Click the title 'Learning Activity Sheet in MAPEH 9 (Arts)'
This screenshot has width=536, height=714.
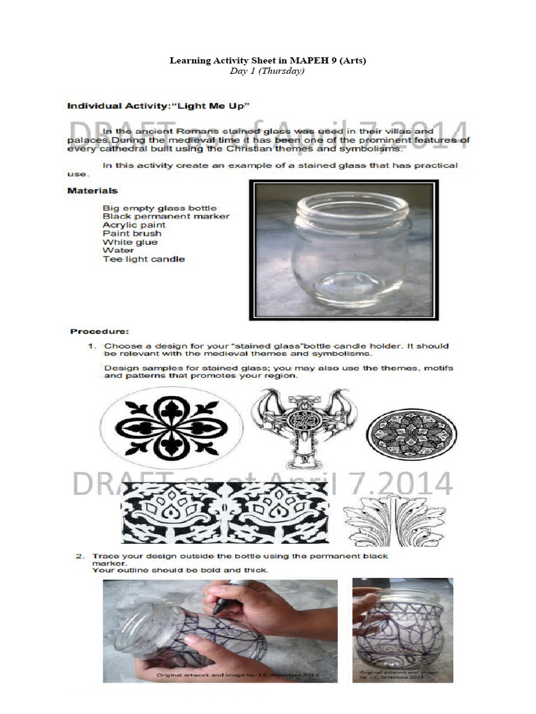pos(268,61)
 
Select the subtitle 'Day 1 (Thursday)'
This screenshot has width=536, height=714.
pos(268,71)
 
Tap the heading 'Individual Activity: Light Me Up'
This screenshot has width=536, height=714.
pos(158,106)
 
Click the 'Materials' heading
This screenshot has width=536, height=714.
pos(92,190)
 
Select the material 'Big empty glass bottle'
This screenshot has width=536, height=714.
pos(159,208)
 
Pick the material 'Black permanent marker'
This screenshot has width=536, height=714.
pos(165,216)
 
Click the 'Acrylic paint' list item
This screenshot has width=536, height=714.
pos(134,225)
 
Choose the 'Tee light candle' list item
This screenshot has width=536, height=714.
pos(143,259)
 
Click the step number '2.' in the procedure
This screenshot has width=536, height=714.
pos(80,556)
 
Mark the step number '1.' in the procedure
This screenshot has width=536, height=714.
pos(91,346)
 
